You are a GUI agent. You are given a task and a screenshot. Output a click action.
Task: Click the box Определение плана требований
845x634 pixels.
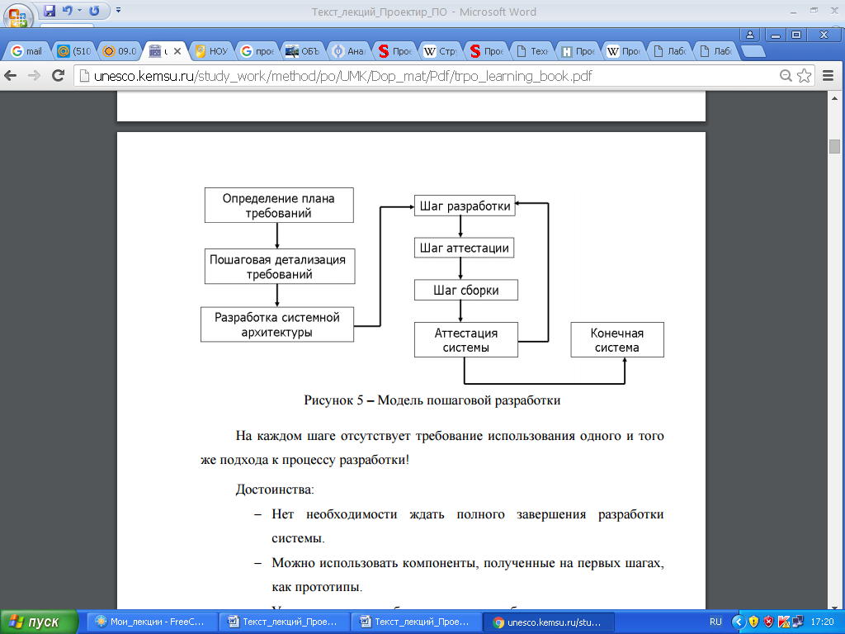(x=279, y=206)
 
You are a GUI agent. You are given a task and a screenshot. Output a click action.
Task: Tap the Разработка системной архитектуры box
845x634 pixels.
(x=276, y=324)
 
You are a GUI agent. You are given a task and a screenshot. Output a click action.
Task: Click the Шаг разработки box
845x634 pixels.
(x=465, y=206)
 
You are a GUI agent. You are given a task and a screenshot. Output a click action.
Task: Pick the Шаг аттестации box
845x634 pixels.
(x=465, y=248)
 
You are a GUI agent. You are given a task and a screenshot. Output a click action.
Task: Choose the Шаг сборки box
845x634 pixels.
(x=465, y=290)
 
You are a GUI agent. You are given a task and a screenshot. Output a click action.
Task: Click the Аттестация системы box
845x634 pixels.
(x=465, y=339)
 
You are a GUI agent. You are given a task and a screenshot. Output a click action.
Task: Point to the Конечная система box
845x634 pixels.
(x=616, y=339)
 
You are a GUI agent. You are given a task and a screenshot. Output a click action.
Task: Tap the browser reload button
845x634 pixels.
(x=58, y=76)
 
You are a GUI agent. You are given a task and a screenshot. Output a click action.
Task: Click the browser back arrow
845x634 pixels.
(x=12, y=76)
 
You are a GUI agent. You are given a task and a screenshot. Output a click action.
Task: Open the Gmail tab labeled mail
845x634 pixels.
(x=26, y=51)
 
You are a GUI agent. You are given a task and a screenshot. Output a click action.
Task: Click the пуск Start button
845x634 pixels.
(x=38, y=621)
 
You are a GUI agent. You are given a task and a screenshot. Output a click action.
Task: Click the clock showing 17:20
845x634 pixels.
(x=822, y=621)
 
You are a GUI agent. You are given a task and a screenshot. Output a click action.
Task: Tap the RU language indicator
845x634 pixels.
(x=715, y=621)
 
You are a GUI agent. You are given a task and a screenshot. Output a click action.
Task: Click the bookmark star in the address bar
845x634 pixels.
(x=804, y=76)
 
